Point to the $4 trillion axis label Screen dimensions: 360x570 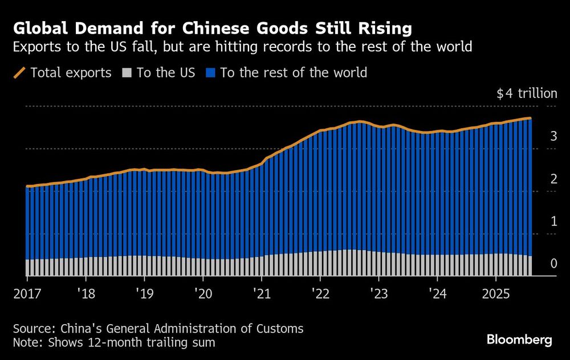[x=527, y=93]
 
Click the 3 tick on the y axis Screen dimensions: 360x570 [x=553, y=136]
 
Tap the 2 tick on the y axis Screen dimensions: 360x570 [x=553, y=179]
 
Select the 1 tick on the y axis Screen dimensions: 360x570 [x=553, y=221]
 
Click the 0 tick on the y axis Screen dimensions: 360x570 [x=553, y=263]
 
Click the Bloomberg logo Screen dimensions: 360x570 [x=519, y=340]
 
